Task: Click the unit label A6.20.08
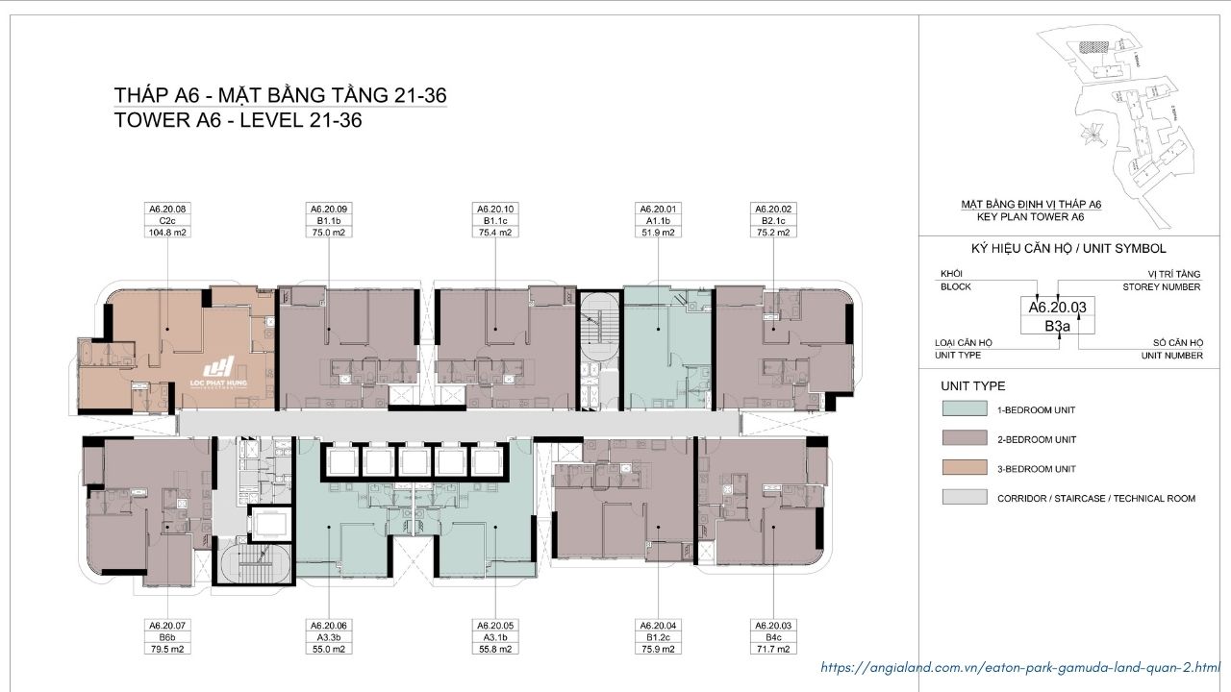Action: pyautogui.click(x=167, y=209)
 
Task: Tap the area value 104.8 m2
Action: pyautogui.click(x=167, y=233)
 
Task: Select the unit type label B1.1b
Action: pyautogui.click(x=329, y=221)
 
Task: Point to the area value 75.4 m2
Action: pyautogui.click(x=495, y=233)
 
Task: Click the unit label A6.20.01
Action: pyautogui.click(x=658, y=209)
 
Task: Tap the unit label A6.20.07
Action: pyautogui.click(x=167, y=625)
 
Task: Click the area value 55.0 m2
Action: pyautogui.click(x=329, y=649)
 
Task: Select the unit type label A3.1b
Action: pyautogui.click(x=495, y=637)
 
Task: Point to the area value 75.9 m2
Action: pyautogui.click(x=658, y=649)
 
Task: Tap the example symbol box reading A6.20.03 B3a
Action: pyautogui.click(x=1058, y=316)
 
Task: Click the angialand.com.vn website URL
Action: pyautogui.click(x=1020, y=667)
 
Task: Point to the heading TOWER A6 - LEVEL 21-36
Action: pyautogui.click(x=238, y=121)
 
